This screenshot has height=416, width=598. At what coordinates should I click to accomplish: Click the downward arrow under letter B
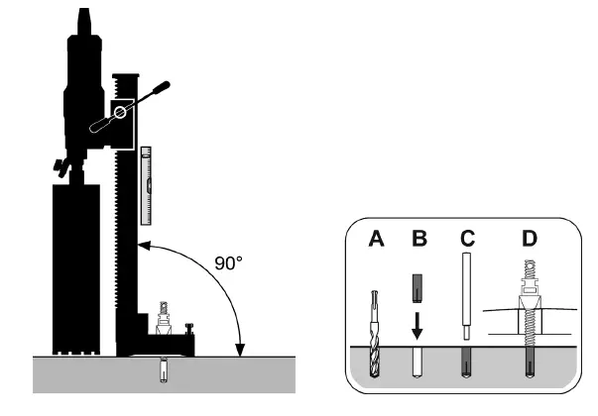click(x=417, y=326)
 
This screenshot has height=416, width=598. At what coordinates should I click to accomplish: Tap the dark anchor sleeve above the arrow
click(x=417, y=289)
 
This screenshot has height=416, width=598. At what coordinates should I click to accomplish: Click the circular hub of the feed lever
click(x=120, y=112)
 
